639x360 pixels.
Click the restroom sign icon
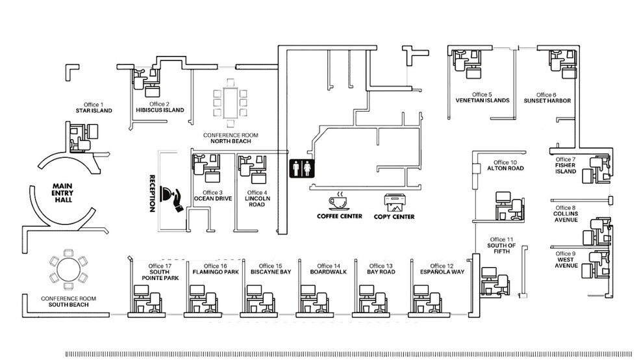[x=302, y=168]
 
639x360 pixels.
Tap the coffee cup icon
[x=339, y=201]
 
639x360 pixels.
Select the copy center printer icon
[x=394, y=201]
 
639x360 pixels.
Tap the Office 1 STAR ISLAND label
[x=94, y=108]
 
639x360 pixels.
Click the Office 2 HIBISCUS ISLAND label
[x=159, y=107]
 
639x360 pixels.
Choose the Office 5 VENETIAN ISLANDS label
[x=482, y=97]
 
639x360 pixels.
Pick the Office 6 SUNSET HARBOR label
[x=545, y=98]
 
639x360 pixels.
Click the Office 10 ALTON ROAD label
[x=505, y=165]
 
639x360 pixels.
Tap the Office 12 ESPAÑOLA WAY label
[x=442, y=268]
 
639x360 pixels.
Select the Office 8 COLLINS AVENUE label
[x=565, y=214]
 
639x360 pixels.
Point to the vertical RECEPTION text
[x=152, y=193]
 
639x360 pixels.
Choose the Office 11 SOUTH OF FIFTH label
[x=501, y=245]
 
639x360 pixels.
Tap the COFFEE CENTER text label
[x=339, y=216]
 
